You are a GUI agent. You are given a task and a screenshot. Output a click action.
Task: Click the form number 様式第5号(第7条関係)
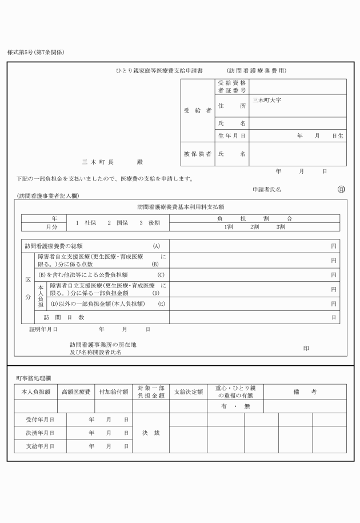[35, 52]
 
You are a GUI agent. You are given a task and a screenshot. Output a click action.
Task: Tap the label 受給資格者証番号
[232, 86]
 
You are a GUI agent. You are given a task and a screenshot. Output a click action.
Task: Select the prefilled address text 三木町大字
[266, 100]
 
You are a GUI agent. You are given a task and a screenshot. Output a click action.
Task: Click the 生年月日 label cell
[232, 136]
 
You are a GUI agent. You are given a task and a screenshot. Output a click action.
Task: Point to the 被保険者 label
[198, 154]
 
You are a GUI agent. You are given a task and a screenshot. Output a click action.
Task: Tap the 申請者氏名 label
[267, 189]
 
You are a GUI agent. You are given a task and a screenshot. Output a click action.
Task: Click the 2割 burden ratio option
[254, 227]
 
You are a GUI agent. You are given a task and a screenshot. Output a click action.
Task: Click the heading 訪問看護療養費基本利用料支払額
[184, 206]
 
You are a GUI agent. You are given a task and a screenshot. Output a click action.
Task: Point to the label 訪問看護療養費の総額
[54, 246]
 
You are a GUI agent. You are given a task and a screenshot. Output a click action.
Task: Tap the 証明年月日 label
[43, 329]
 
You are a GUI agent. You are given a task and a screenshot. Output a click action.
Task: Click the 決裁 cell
[151, 433]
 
